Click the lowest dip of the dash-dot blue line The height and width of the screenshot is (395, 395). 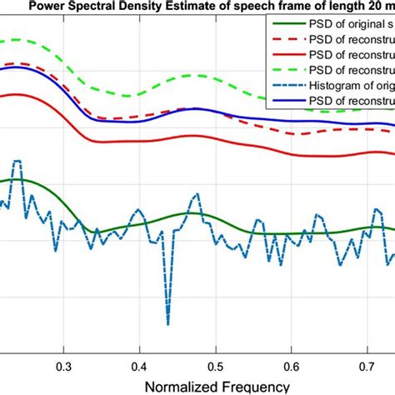[168, 323]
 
